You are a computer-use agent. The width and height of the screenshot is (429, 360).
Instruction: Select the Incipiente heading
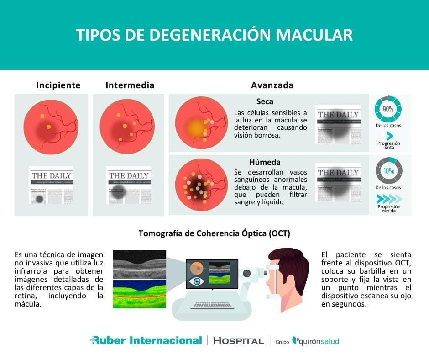pos(58,85)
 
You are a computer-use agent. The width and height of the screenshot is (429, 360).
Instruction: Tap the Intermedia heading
pos(130,85)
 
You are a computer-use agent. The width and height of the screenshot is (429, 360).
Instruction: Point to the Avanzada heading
pos(272,85)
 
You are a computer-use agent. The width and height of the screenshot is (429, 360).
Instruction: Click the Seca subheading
pos(265,101)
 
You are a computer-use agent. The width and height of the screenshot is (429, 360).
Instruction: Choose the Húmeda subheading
pos(265,162)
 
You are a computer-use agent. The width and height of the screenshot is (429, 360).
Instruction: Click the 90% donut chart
pos(388,110)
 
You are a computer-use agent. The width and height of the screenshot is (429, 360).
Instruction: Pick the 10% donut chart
pos(388,170)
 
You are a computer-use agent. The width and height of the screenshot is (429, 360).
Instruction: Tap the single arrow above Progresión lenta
pos(389,136)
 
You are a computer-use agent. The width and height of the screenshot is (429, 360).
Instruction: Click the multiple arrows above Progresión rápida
pos(389,198)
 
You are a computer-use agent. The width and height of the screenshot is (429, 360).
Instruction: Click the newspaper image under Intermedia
pos(129,185)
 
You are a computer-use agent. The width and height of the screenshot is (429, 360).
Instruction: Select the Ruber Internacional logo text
pos(146,340)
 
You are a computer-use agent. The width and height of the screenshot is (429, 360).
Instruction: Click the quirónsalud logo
pos(316,341)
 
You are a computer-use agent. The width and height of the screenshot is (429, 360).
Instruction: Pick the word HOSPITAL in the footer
pos(239,341)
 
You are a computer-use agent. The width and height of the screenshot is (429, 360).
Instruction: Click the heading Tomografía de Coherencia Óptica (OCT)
pos(214,233)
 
